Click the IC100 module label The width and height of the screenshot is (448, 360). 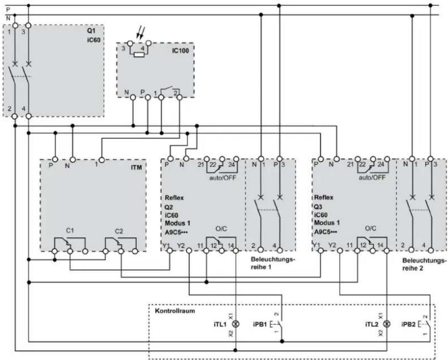[x=180, y=51]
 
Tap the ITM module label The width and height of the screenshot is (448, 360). [x=136, y=167]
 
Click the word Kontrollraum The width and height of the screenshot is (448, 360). [x=175, y=311]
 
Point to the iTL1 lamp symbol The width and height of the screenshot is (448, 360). [x=236, y=324]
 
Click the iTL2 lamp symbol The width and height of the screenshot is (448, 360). [x=387, y=324]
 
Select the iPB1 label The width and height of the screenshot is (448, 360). [x=260, y=325]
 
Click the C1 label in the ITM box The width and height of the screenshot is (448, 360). [x=70, y=230]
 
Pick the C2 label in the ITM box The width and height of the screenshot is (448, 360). [x=119, y=231]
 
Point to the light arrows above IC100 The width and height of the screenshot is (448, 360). [x=140, y=32]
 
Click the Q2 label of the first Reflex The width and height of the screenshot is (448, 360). [x=169, y=207]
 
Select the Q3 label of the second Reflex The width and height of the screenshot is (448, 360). [x=318, y=207]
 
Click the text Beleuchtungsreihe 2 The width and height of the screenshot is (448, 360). [x=424, y=264]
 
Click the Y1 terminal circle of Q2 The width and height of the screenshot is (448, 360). [x=170, y=251]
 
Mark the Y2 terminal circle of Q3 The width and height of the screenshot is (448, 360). [x=340, y=251]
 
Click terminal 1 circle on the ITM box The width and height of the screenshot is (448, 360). [x=101, y=160]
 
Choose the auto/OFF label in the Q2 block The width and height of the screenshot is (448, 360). [x=222, y=178]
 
